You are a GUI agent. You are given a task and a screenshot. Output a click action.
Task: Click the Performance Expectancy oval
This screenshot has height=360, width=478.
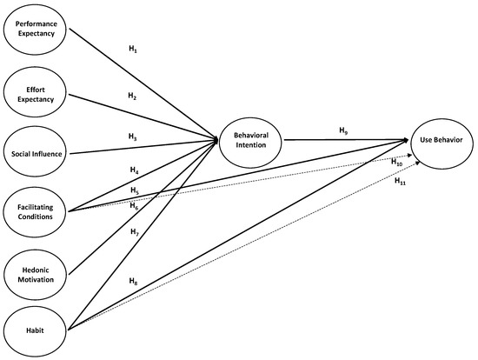click(35, 27)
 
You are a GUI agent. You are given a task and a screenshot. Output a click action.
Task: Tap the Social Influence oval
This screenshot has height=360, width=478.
click(35, 154)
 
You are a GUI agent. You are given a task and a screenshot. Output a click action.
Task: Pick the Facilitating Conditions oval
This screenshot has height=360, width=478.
click(35, 211)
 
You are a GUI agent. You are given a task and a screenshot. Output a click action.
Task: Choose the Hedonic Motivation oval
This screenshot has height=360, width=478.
click(35, 274)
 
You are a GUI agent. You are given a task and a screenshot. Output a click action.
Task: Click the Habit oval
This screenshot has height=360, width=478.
click(35, 330)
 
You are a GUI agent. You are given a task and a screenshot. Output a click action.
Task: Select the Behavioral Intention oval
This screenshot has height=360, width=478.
click(250, 140)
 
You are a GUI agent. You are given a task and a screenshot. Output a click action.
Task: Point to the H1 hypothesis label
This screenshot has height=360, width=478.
click(133, 50)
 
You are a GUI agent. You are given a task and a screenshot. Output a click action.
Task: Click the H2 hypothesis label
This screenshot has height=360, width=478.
click(133, 97)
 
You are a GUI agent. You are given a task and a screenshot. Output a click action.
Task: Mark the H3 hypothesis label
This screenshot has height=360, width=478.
click(133, 137)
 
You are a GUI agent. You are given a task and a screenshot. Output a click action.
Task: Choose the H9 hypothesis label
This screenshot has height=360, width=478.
click(343, 130)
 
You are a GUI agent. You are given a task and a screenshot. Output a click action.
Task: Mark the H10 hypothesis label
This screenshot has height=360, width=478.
click(396, 162)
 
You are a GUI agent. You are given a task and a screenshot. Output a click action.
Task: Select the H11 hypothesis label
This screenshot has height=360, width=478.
click(400, 182)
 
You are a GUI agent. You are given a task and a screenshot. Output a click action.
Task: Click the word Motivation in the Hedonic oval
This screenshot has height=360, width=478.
click(35, 279)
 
